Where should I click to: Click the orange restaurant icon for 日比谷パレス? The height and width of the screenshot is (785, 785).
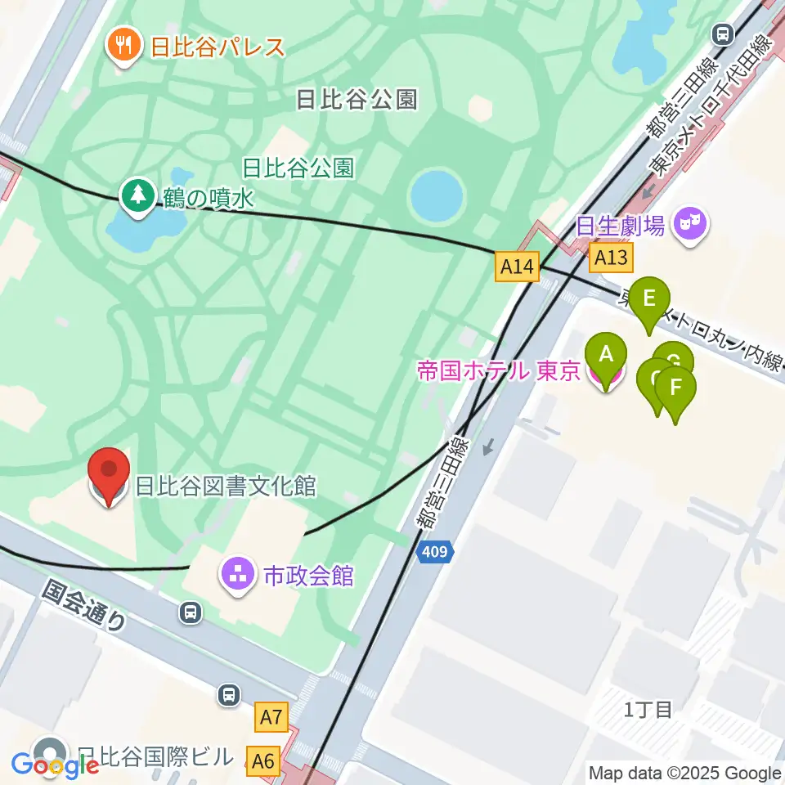pyautogui.click(x=124, y=46)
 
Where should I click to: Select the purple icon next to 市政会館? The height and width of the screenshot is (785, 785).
pyautogui.click(x=239, y=575)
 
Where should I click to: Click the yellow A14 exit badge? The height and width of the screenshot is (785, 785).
pyautogui.click(x=518, y=266)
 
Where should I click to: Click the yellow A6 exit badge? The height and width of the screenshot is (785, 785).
pyautogui.click(x=263, y=761)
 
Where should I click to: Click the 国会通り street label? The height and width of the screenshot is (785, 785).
pyautogui.click(x=85, y=605)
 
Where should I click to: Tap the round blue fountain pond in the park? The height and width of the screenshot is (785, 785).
pyautogui.click(x=436, y=196)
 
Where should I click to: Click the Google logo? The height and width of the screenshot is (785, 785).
pyautogui.click(x=56, y=765)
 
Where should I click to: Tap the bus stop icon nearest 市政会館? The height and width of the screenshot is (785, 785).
pyautogui.click(x=190, y=612)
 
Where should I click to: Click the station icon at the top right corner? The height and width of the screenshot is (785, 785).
pyautogui.click(x=722, y=34)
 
